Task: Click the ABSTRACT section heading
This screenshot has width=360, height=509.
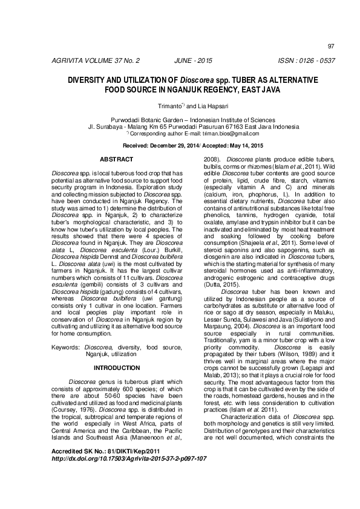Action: tap(116, 159)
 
